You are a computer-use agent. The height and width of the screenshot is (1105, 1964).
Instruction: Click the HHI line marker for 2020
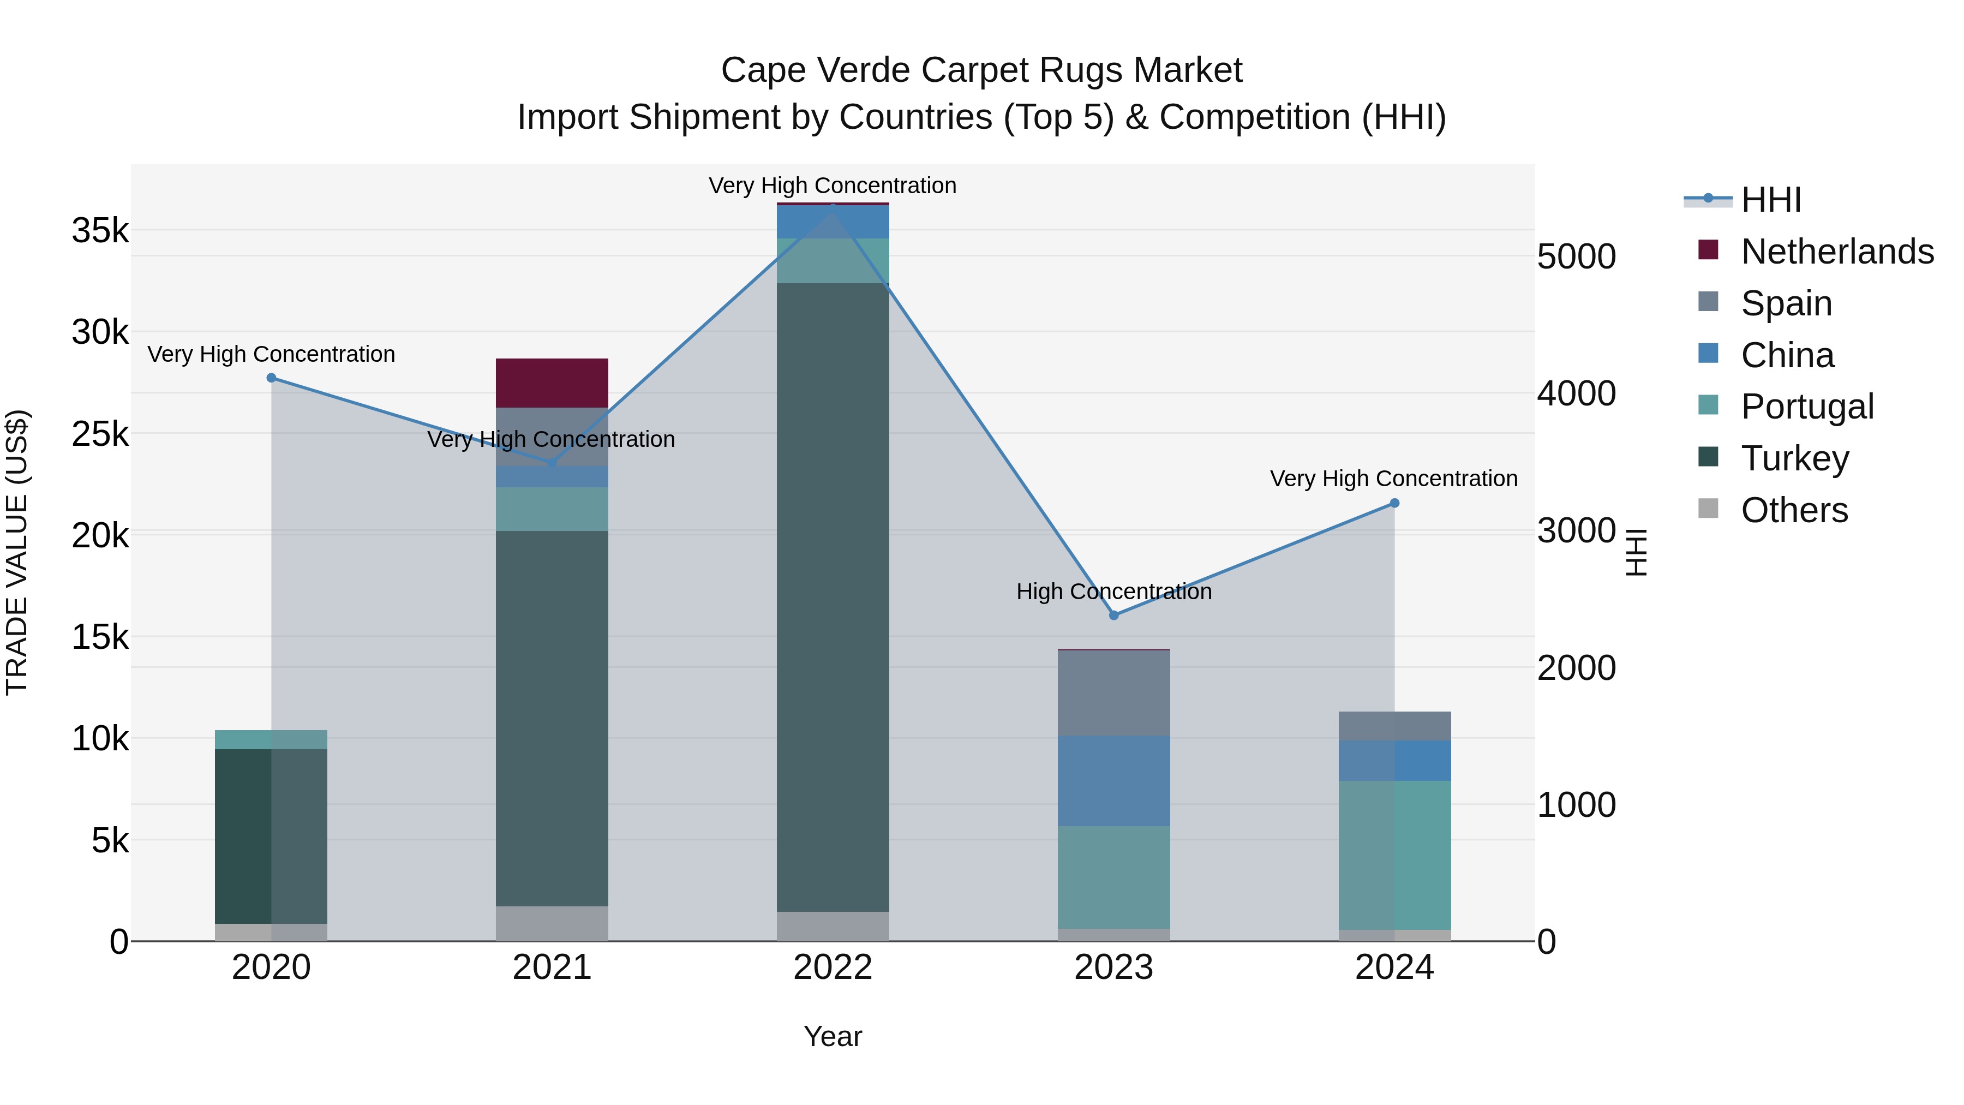(x=272, y=378)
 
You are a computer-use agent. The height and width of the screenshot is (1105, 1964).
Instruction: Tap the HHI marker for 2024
(x=1394, y=503)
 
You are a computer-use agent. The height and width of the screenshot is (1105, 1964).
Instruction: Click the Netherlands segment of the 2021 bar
(x=552, y=383)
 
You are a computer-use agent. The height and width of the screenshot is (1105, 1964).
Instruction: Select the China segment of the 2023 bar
(x=1114, y=780)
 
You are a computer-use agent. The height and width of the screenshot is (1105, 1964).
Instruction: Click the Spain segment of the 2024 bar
(x=1394, y=726)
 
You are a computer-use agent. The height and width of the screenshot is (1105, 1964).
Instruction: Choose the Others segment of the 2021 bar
(x=552, y=923)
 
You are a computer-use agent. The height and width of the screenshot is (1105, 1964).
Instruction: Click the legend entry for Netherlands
(x=1837, y=252)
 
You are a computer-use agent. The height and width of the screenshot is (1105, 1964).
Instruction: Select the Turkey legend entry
(x=1795, y=458)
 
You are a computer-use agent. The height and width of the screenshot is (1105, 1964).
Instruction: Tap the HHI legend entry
(x=1771, y=200)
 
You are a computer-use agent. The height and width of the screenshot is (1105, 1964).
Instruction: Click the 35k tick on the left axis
(x=100, y=230)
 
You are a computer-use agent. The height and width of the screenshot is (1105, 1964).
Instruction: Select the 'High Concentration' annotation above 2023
(x=1114, y=592)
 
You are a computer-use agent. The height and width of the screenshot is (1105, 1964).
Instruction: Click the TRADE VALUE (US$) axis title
(x=17, y=552)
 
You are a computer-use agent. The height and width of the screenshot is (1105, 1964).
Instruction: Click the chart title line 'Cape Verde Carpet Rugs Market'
(x=981, y=70)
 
